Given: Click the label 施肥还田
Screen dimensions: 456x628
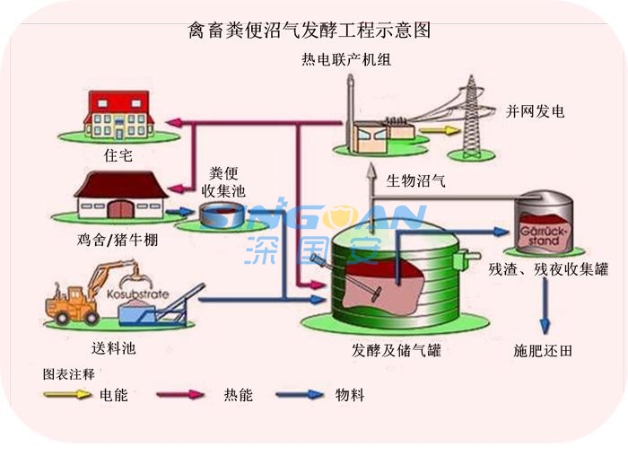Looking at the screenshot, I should (542, 351).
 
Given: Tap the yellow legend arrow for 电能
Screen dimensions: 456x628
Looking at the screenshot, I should (70, 394).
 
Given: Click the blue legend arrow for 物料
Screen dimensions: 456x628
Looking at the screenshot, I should (300, 394).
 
